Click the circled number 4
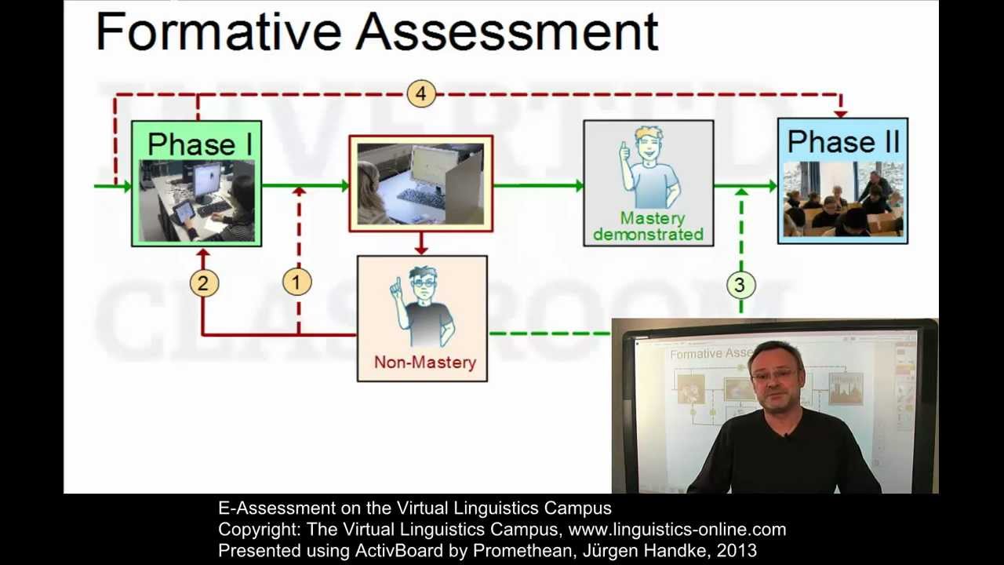point(421,94)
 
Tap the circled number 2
point(203,283)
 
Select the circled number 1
point(296,282)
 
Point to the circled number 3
point(740,286)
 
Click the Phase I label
point(199,144)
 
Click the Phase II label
point(843,142)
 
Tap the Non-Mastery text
point(425,363)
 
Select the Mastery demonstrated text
point(649,226)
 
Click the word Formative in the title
point(219,33)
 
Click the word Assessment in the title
point(507,33)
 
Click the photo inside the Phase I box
point(197,201)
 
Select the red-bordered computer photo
point(421,184)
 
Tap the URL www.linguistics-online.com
point(677,530)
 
